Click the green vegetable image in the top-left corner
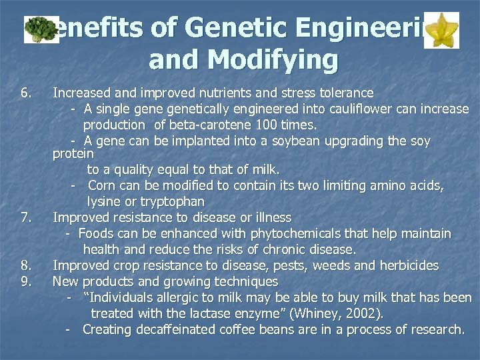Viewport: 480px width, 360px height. pyautogui.click(x=41, y=29)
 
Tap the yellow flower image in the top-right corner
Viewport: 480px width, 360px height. pyautogui.click(x=441, y=30)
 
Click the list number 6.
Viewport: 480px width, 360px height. pyautogui.click(x=26, y=93)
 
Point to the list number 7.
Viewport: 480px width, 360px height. pyautogui.click(x=26, y=217)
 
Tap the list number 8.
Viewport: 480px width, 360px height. pyautogui.click(x=26, y=265)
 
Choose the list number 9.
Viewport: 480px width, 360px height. pyautogui.click(x=26, y=281)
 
